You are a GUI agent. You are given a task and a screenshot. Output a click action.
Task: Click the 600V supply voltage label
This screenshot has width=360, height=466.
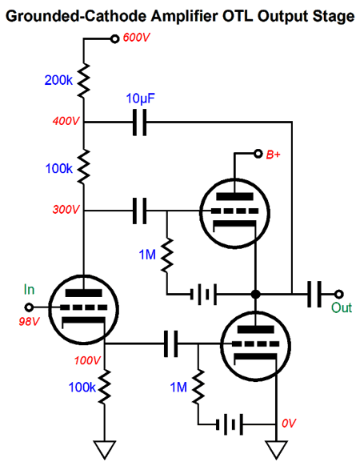136,38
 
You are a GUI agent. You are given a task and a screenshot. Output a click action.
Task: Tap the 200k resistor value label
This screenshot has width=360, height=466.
58,80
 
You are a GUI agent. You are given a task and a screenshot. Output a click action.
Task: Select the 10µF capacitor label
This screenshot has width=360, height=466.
141,98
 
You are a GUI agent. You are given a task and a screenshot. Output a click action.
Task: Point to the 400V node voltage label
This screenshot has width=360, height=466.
66,121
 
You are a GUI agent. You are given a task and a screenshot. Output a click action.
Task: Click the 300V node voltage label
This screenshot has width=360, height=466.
66,210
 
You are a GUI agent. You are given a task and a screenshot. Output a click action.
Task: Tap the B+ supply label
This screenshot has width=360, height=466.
273,155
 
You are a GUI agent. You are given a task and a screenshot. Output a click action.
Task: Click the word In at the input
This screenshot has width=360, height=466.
29,290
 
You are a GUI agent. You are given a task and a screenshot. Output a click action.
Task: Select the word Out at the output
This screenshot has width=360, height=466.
342,307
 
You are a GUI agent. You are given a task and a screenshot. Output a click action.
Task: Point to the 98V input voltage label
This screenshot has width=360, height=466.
29,321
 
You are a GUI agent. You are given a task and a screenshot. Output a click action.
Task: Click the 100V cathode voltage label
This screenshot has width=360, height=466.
88,360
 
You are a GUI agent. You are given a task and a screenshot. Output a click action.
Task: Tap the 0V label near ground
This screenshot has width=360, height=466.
289,424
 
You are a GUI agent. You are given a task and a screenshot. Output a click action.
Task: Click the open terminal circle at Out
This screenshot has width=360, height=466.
339,294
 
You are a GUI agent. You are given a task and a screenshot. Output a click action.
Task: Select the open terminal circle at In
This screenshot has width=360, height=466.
29,307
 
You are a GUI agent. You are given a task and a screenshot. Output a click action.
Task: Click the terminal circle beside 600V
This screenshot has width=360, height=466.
114,38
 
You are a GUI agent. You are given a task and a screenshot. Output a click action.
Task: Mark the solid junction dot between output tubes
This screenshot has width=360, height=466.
255,294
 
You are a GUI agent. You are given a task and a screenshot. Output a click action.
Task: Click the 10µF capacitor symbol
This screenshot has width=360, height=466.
139,123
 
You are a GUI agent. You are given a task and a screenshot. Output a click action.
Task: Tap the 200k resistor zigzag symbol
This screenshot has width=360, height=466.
83,80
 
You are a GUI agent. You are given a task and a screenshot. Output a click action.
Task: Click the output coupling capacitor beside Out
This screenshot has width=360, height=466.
314,294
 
